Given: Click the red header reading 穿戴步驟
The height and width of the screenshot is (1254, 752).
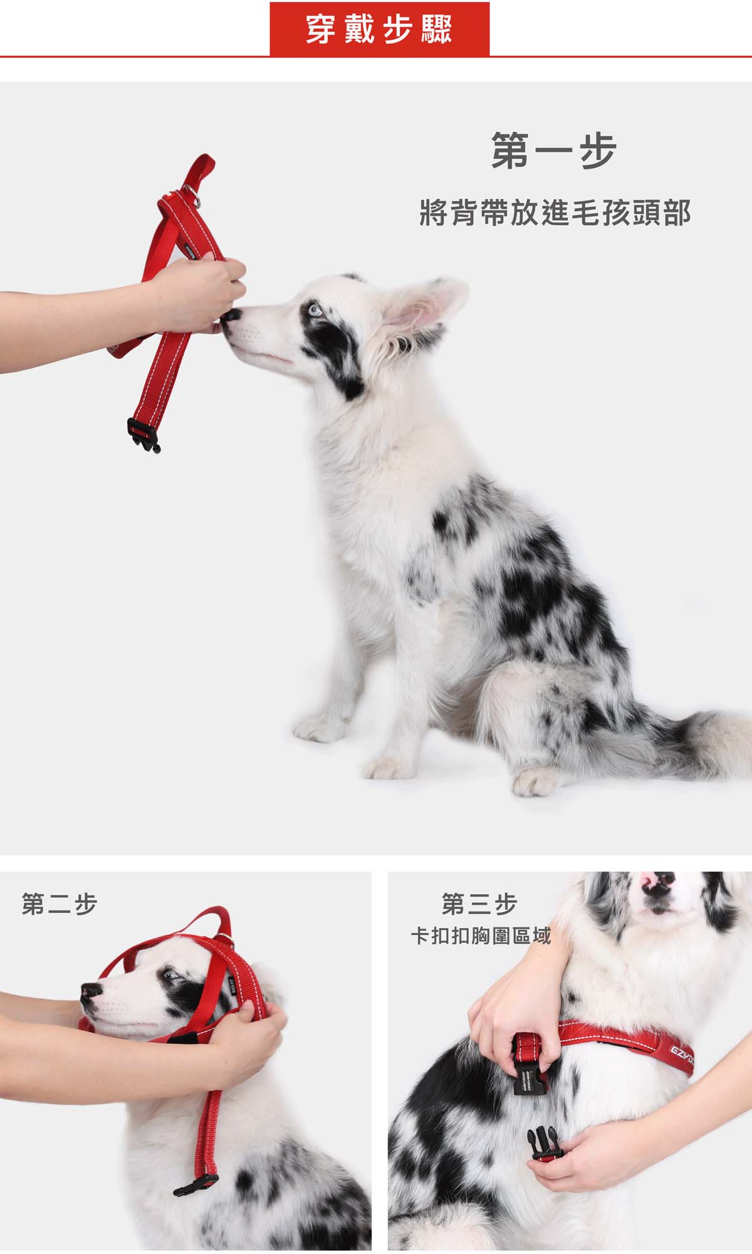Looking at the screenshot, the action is pyautogui.click(x=379, y=29).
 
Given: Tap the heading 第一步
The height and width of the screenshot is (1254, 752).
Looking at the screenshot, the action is pyautogui.click(x=554, y=150).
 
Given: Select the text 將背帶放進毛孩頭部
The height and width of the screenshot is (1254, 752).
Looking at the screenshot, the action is pyautogui.click(x=555, y=213).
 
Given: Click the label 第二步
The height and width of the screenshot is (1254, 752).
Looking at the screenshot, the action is pyautogui.click(x=60, y=905).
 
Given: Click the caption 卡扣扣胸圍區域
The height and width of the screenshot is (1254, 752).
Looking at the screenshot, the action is pyautogui.click(x=481, y=936).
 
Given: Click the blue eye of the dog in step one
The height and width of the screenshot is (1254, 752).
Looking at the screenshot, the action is pyautogui.click(x=313, y=310).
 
